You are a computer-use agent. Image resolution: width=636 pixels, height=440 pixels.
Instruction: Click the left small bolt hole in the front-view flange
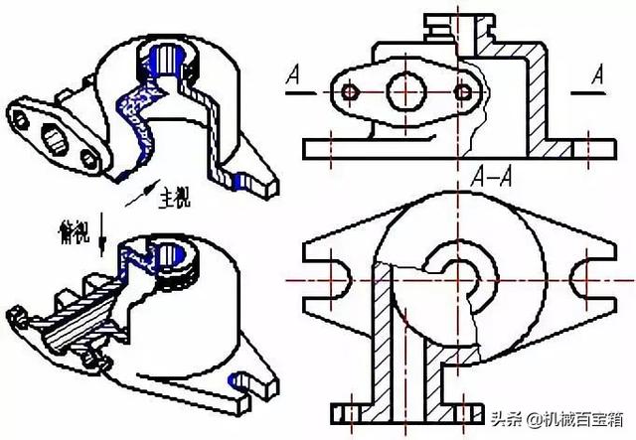tap(349, 92)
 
